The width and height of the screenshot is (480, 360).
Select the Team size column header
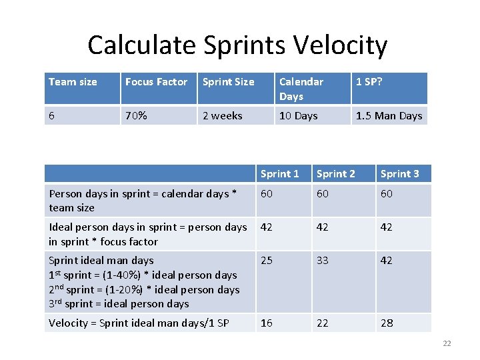pyautogui.click(x=73, y=82)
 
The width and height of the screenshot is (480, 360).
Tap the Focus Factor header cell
pyautogui.click(x=156, y=82)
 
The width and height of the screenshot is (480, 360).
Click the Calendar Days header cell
pyautogui.click(x=301, y=89)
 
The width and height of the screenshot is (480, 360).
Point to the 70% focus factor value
pyautogui.click(x=136, y=116)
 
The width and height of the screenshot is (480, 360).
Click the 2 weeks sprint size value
pyautogui.click(x=222, y=116)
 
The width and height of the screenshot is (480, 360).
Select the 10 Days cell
pyautogui.click(x=298, y=116)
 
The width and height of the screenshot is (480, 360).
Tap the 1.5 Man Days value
pyautogui.click(x=389, y=116)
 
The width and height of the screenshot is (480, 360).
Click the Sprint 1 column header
pyautogui.click(x=279, y=174)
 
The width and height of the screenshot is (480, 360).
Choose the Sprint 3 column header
pyautogui.click(x=399, y=174)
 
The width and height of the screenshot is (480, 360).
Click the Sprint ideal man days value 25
pyautogui.click(x=267, y=261)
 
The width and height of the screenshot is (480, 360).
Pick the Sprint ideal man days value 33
pyautogui.click(x=323, y=261)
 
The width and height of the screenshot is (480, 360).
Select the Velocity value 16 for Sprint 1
pyautogui.click(x=267, y=323)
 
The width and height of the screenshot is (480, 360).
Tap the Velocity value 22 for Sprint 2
pyautogui.click(x=323, y=323)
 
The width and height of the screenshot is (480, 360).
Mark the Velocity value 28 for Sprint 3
pyautogui.click(x=387, y=323)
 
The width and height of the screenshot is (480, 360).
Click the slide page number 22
pyautogui.click(x=447, y=343)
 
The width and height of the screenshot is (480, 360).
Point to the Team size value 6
pyautogui.click(x=52, y=116)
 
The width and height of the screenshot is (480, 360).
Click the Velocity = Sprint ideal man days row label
pyautogui.click(x=139, y=323)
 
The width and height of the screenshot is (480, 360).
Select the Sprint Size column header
pyautogui.click(x=228, y=82)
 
